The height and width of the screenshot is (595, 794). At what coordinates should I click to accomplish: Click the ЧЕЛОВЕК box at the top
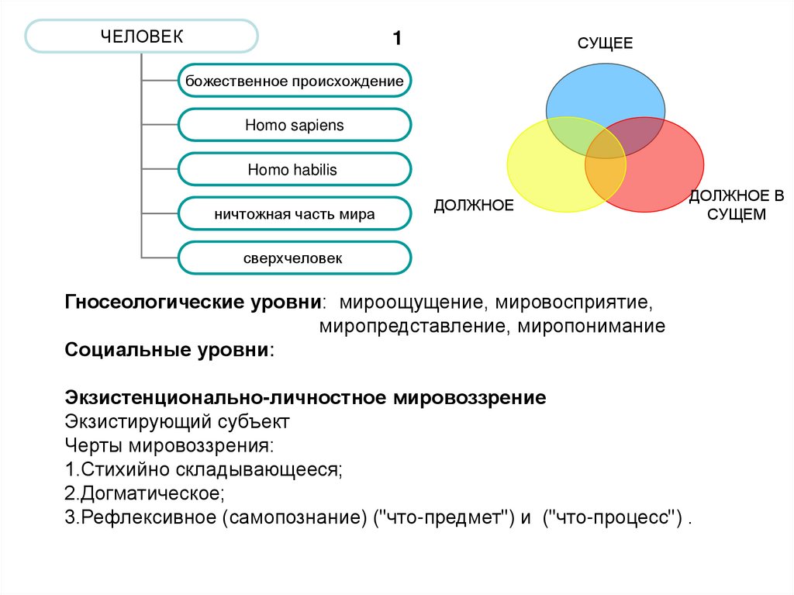(141, 36)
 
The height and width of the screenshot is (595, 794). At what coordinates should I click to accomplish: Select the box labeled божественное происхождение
(294, 81)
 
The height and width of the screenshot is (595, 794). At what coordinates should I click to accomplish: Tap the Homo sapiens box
(294, 125)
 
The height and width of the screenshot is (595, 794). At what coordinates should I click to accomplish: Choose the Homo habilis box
(294, 169)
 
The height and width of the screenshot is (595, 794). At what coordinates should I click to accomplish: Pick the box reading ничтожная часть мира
(294, 213)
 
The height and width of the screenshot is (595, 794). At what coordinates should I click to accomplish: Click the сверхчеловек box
(294, 258)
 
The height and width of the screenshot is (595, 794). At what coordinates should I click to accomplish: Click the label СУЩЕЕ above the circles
(605, 43)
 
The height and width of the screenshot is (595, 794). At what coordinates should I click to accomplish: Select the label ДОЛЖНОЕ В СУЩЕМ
(727, 206)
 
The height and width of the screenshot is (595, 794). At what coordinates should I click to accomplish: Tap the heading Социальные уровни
(169, 349)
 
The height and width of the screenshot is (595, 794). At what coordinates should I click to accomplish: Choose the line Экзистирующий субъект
(177, 423)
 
